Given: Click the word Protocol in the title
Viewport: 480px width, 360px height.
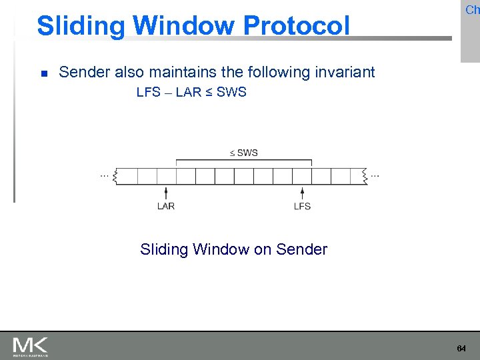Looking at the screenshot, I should pos(296,26).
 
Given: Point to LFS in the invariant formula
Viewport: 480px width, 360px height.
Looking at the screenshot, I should pos(148,93).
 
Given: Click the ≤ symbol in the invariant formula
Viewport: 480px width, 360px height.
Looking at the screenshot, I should pos(208,93).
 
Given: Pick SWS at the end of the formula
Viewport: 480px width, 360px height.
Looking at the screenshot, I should pos(231,93).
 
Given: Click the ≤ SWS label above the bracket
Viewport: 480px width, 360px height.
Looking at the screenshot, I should pos(243,153).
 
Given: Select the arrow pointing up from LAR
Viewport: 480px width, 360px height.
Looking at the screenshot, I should pos(167,192).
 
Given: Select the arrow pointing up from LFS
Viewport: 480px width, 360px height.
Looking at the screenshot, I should pos(302,192).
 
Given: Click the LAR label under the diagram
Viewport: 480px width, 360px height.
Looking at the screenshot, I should pos(166,206).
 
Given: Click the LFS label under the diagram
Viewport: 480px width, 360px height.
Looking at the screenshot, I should pos(302,206).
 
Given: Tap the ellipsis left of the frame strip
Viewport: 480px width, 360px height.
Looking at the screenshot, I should pos(105,175).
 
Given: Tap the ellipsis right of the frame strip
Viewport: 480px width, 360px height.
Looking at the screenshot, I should pos(375,175).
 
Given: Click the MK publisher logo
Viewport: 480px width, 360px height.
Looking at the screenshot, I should pos(30,346).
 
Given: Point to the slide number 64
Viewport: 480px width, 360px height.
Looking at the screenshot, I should pos(461,349).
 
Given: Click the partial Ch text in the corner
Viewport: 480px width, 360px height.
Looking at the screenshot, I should pos(472,9).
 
